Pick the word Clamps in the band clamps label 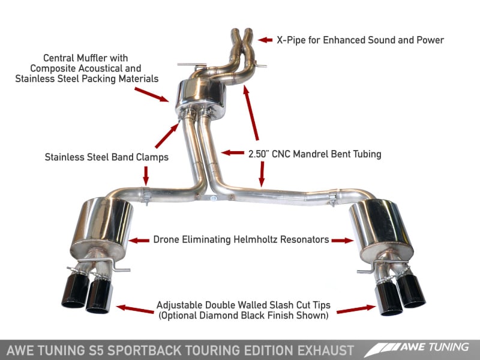[151, 157]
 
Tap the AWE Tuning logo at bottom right [421, 348]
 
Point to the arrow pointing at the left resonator [140, 240]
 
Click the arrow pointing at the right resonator [342, 240]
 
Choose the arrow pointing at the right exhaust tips [356, 308]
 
